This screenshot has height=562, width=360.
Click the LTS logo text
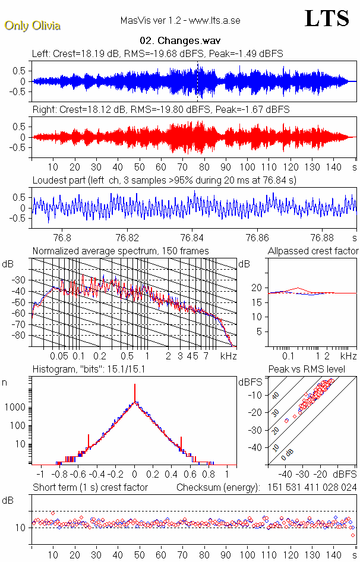pos(326,19)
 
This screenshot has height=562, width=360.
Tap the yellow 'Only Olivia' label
pos(33,26)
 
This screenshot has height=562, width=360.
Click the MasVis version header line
pos(180,21)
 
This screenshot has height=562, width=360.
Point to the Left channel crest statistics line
pos(157,54)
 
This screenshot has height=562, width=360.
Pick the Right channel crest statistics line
pos(160,110)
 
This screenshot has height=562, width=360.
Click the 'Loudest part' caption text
pos(164,179)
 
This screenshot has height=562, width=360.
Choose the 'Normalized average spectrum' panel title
pos(121,251)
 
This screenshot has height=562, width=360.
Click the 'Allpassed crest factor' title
pos(313,251)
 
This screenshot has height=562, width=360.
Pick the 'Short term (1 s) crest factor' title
pos(90,488)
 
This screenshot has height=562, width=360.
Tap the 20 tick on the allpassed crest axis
pos(257,288)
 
